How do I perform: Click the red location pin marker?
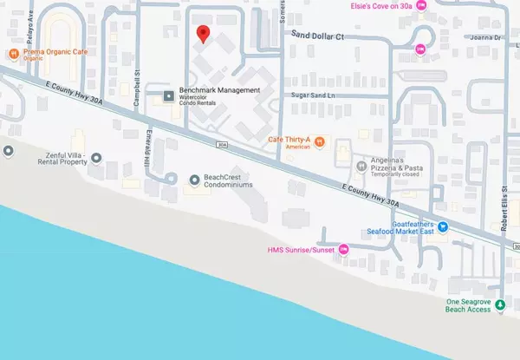click(203, 35)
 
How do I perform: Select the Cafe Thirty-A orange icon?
click(319, 141)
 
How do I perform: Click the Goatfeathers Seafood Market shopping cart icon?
click(443, 227)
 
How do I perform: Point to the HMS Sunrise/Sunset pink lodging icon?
click(343, 251)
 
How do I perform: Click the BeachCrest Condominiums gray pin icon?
click(195, 180)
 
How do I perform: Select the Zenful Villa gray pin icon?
click(96, 158)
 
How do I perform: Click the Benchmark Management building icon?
click(169, 95)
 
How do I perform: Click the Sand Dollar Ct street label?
click(318, 36)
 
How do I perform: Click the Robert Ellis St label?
click(504, 208)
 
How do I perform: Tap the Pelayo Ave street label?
click(29, 16)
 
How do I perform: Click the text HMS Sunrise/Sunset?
click(304, 252)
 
